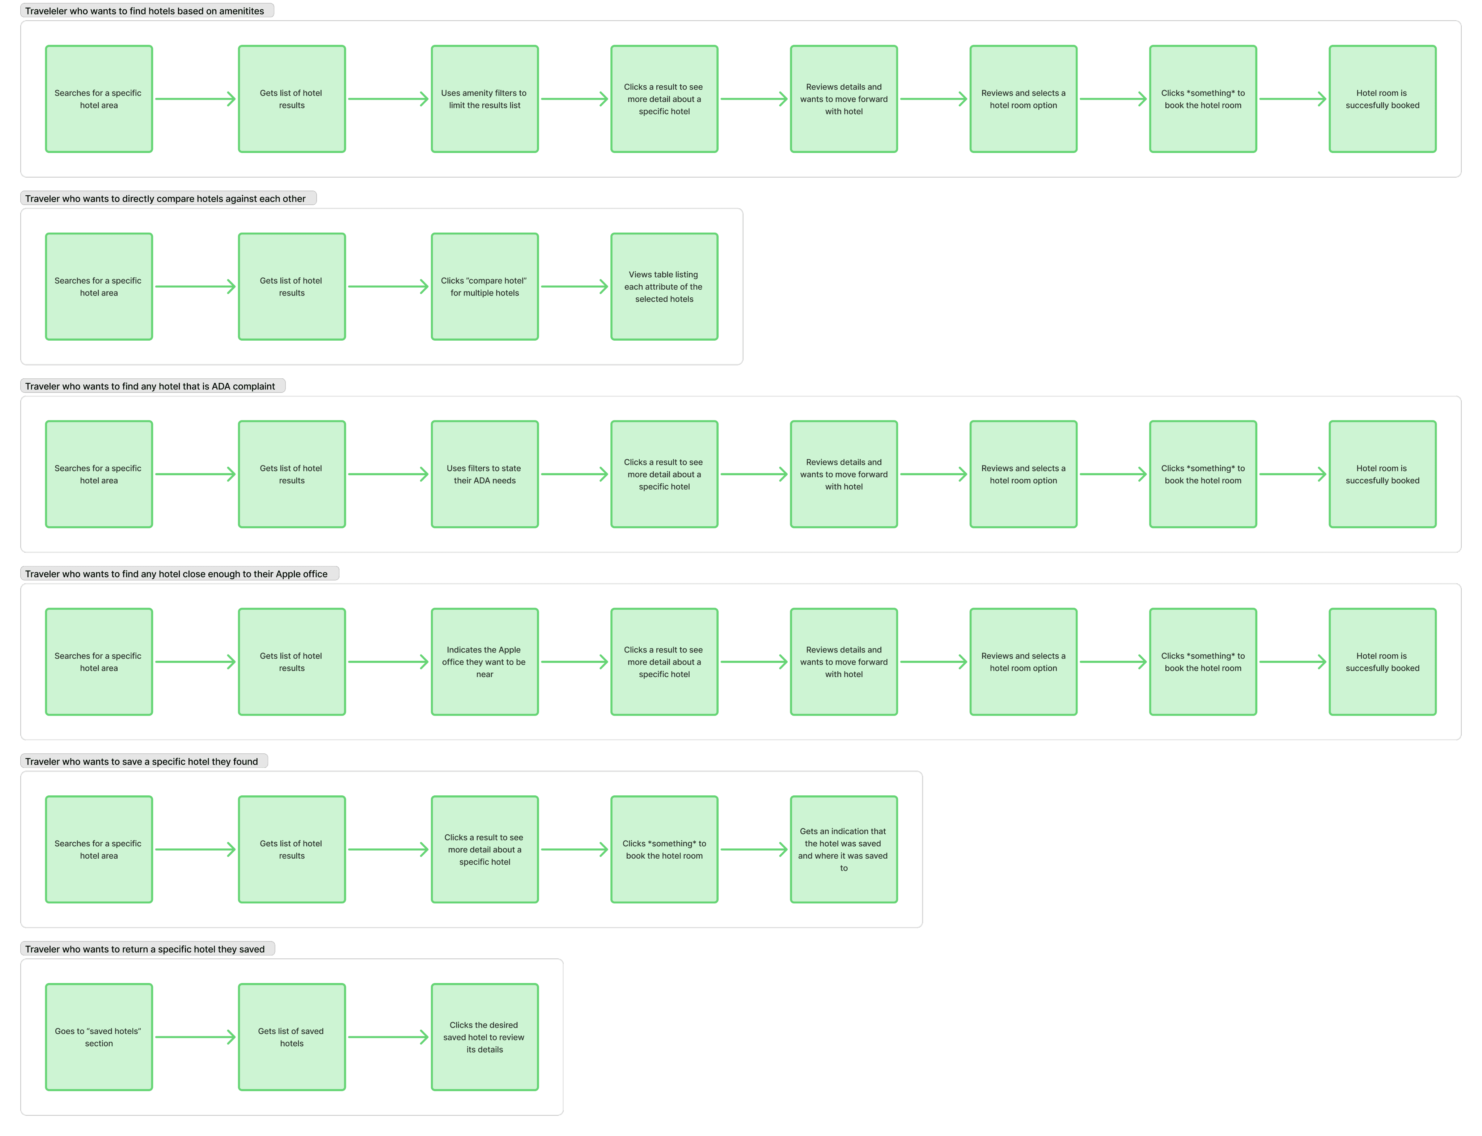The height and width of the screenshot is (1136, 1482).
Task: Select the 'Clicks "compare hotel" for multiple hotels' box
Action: coord(484,287)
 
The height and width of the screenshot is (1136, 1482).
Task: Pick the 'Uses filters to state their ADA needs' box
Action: coord(484,474)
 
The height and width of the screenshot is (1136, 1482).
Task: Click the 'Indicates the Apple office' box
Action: coord(484,662)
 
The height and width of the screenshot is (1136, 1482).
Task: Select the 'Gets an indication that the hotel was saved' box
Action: coord(843,849)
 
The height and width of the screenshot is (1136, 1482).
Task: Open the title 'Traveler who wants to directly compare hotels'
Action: coord(166,198)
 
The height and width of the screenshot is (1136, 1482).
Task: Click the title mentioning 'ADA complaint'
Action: coord(150,386)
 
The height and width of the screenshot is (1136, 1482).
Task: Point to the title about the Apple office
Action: coord(177,573)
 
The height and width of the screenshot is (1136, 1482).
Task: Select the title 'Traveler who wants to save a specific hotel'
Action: coord(142,761)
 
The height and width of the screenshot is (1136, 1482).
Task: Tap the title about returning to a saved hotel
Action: coord(145,949)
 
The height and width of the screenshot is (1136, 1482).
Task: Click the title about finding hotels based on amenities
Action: coord(145,11)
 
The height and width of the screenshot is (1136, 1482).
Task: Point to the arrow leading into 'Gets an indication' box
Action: coord(754,849)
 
